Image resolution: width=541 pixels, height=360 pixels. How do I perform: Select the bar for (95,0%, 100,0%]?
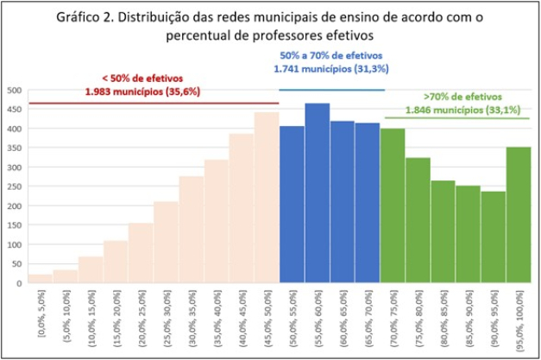point(518,215)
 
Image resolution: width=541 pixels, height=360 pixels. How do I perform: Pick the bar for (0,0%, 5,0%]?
point(40,278)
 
